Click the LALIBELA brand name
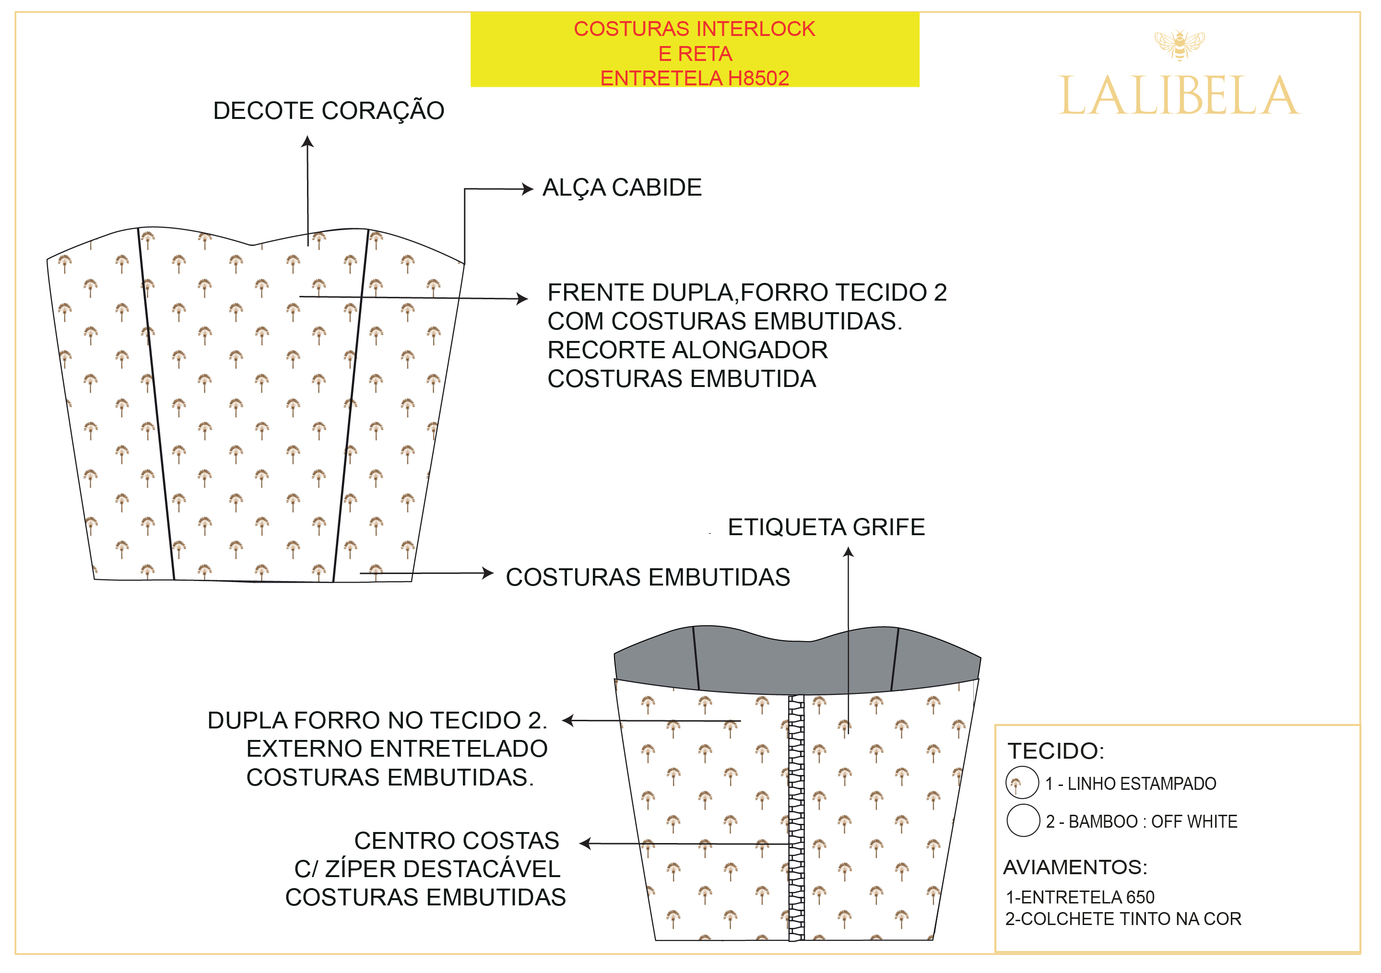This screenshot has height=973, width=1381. click(1179, 96)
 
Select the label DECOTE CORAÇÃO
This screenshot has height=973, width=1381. click(329, 111)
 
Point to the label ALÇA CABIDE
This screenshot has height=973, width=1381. click(622, 188)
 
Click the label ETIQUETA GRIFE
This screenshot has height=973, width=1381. click(826, 528)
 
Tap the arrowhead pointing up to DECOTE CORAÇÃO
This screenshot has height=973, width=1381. click(307, 142)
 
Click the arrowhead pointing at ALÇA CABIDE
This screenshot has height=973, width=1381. click(528, 189)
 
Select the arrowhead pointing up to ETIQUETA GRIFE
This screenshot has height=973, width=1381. click(848, 552)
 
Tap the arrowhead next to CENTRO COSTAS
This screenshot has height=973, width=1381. click(585, 844)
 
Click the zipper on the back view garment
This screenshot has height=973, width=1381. click(796, 818)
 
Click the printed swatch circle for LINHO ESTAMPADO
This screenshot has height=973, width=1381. click(1022, 783)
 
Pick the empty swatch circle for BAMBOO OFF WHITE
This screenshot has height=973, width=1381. click(1023, 821)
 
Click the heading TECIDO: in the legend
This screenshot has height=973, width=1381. click(1056, 751)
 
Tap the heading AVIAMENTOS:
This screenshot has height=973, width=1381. click(1075, 867)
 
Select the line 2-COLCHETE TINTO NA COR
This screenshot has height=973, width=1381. click(1123, 919)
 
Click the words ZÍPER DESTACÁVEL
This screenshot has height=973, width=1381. click(442, 869)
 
